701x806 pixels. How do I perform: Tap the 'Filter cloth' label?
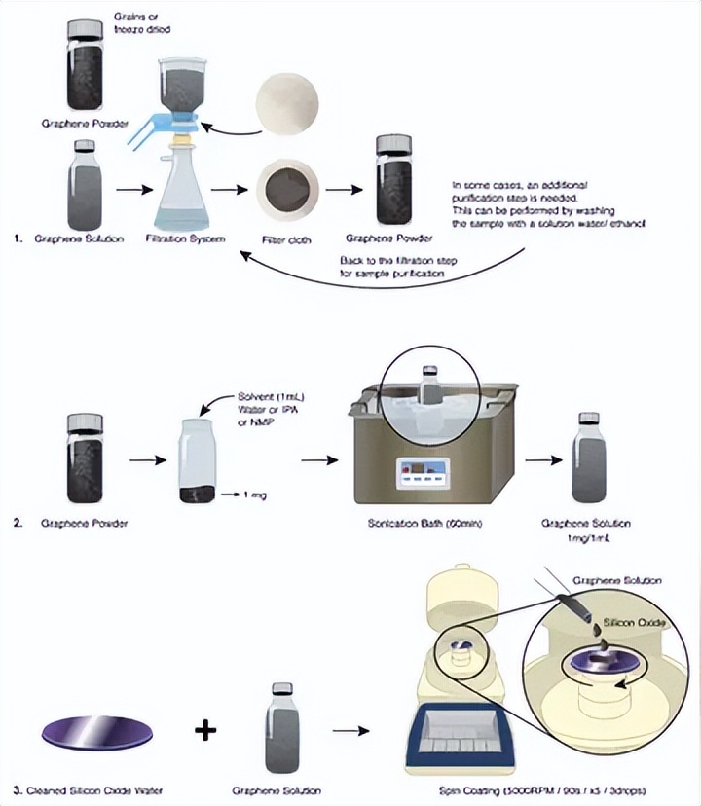pos(287,239)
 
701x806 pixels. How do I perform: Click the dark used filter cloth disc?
pos(287,188)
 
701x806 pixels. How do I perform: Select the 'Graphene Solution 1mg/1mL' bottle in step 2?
pos(588,458)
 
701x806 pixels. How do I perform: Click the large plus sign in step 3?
pos(203,729)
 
